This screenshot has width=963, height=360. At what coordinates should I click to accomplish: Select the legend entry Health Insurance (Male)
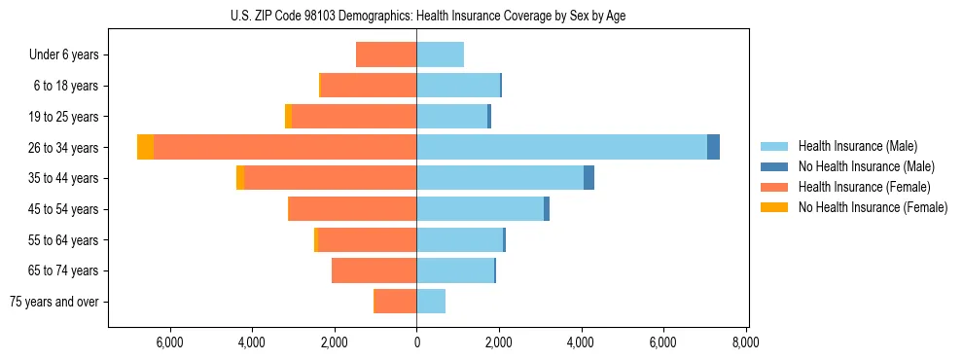[x=857, y=146]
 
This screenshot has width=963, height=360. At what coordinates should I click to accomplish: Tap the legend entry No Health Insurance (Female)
[x=873, y=207]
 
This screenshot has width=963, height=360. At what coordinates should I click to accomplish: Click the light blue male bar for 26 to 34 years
[x=561, y=147]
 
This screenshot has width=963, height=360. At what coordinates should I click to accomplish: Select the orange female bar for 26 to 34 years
[x=285, y=147]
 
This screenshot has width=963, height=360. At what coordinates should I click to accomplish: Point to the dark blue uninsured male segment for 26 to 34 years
[x=713, y=147]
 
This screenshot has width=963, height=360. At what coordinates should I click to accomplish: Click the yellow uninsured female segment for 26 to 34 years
[x=145, y=147]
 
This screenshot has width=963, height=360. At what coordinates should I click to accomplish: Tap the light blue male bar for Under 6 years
[x=440, y=54]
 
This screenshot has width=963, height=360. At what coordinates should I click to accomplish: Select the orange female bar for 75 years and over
[x=396, y=302]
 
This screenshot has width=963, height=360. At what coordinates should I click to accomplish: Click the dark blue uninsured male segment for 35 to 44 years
[x=588, y=178]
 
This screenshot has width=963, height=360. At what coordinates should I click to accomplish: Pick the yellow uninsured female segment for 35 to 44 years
[x=240, y=178]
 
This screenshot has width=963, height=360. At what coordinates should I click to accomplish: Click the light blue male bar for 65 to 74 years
[x=455, y=270]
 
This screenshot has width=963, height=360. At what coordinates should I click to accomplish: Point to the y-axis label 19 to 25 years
[x=65, y=117]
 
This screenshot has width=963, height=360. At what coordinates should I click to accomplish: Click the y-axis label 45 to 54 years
[x=65, y=209]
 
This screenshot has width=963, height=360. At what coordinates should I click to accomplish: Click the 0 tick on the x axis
[x=416, y=342]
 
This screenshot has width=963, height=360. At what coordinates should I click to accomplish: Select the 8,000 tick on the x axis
[x=746, y=342]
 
